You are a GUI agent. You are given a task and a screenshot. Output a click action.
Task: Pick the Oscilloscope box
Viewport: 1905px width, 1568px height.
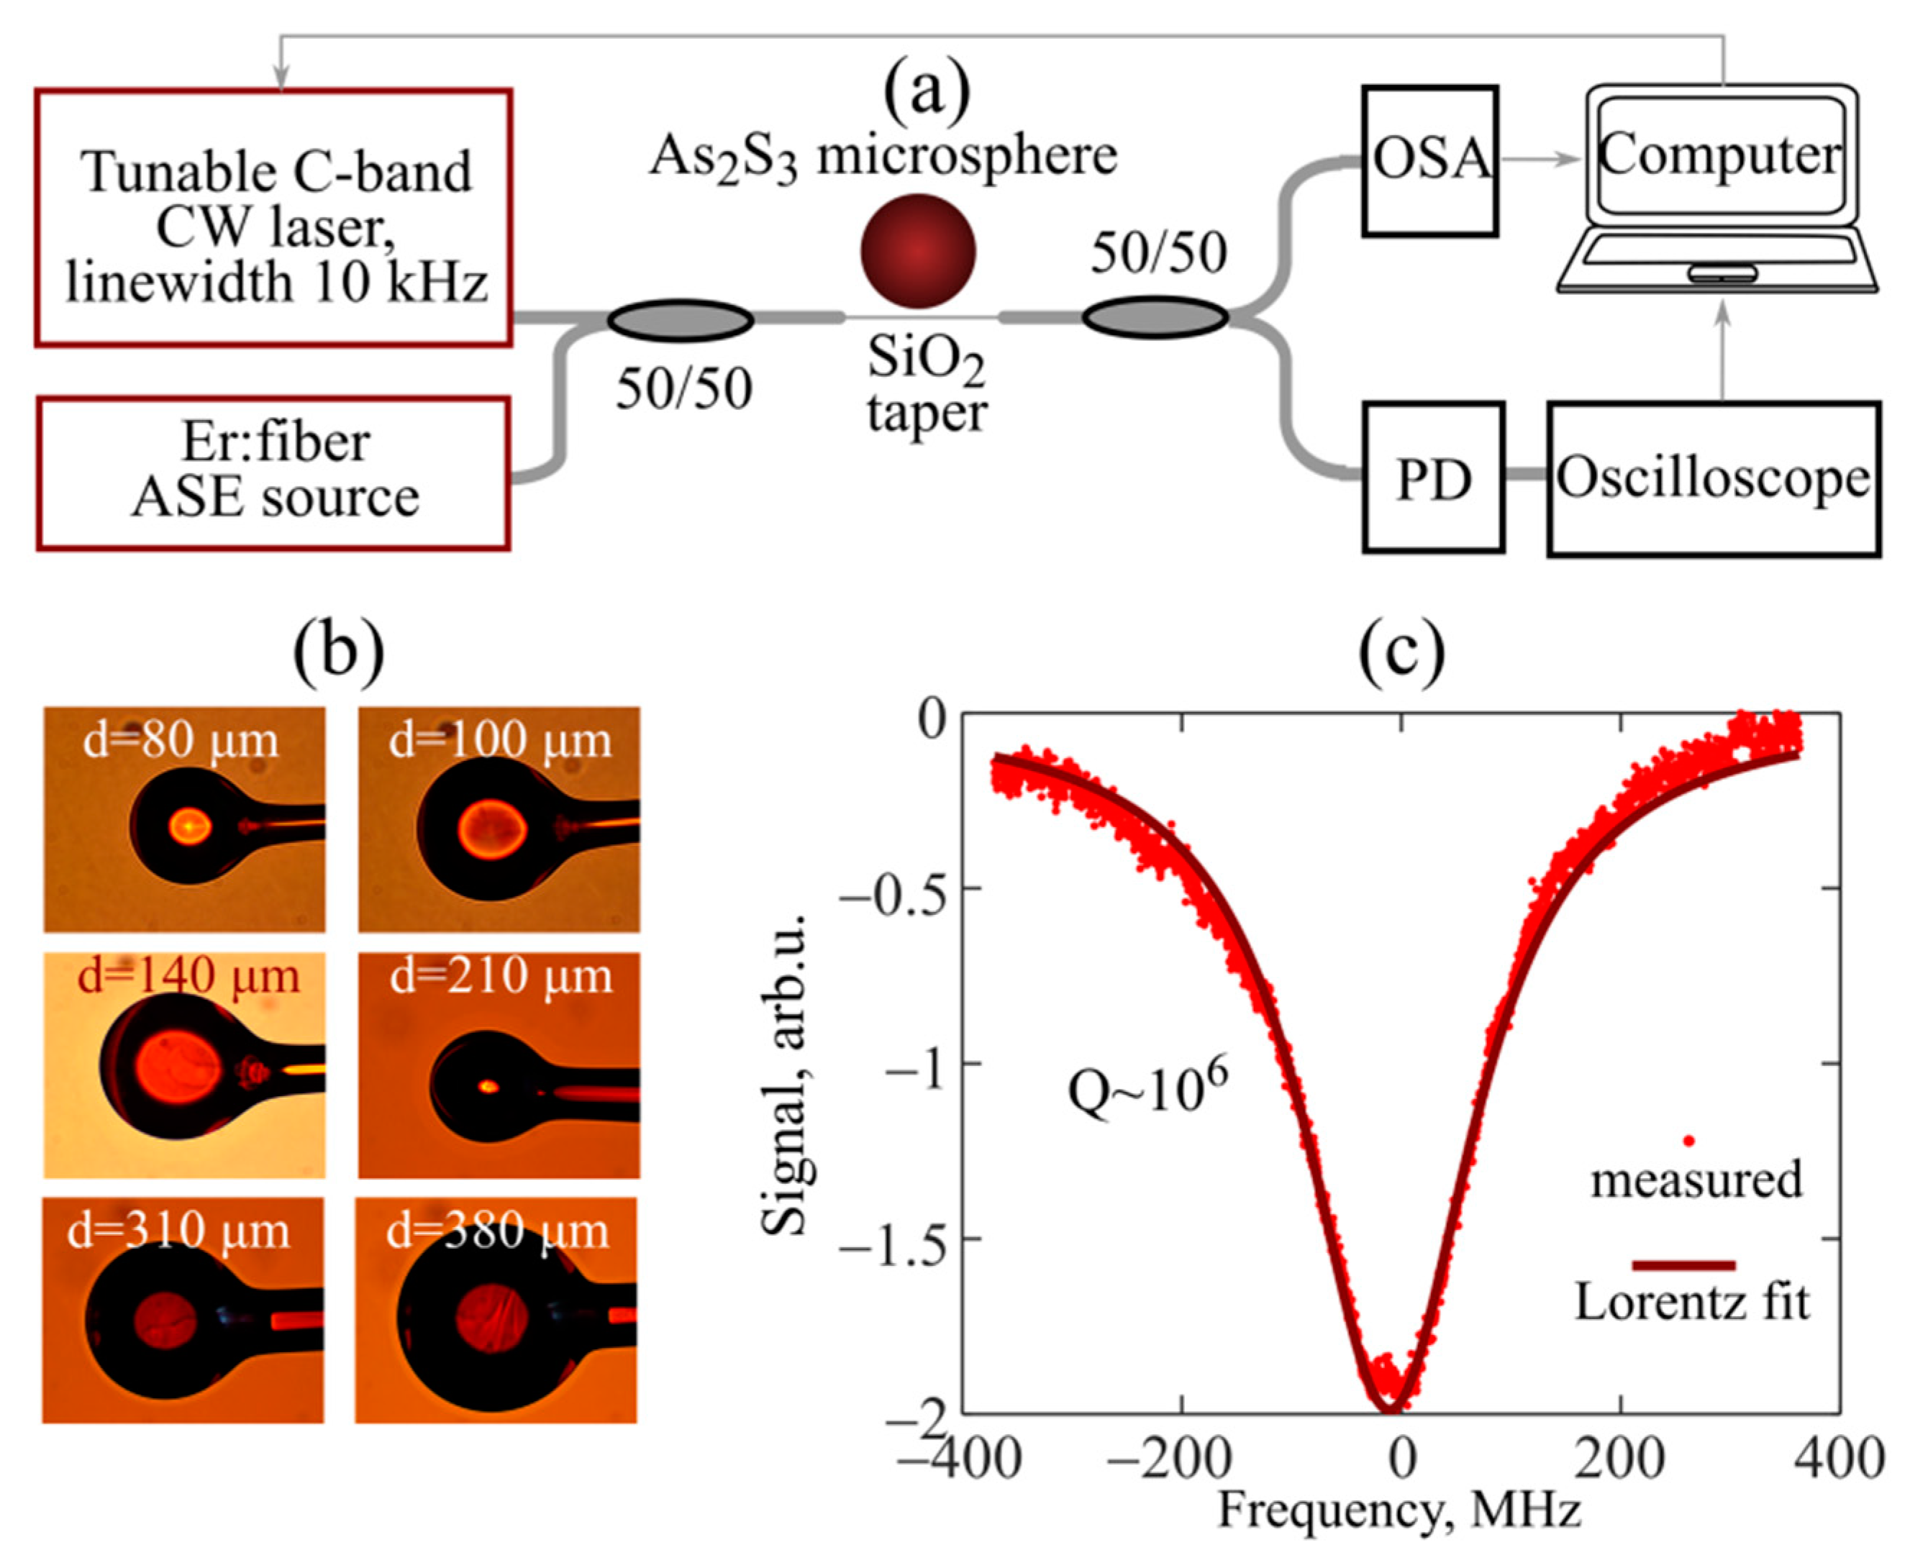click(x=1713, y=479)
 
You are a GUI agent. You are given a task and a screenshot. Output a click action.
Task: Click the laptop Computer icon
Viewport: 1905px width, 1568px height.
click(x=1717, y=190)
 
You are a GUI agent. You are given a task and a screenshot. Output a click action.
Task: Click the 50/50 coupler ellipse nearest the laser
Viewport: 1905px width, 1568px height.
click(x=680, y=320)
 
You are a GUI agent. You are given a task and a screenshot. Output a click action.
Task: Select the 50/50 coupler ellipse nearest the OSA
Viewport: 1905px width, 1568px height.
click(x=1155, y=318)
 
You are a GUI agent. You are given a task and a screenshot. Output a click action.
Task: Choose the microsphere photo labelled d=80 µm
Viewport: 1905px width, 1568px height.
click(x=184, y=819)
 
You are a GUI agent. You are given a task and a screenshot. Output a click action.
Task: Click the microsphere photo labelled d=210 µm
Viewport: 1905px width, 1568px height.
click(x=499, y=1065)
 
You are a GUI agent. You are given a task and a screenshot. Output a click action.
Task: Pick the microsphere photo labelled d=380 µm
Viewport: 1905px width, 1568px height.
click(x=496, y=1311)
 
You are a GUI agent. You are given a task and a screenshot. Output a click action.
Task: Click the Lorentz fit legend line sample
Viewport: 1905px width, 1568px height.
click(x=1683, y=1264)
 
